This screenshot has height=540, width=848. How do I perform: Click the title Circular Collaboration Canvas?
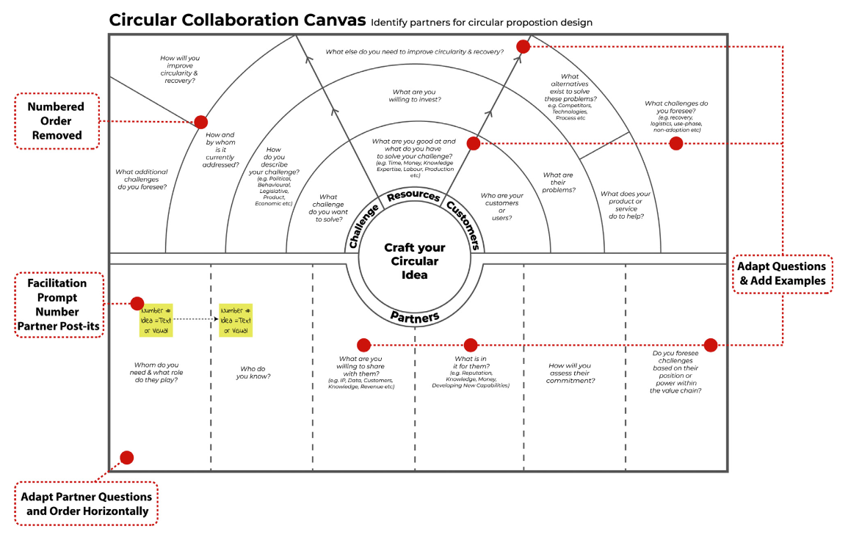pos(237,20)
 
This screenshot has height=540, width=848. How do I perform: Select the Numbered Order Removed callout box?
pos(57,121)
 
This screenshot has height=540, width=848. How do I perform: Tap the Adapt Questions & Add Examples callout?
pos(782,274)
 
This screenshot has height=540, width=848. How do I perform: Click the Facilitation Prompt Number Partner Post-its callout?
pos(57,304)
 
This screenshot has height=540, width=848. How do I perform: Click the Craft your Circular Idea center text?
pos(415,261)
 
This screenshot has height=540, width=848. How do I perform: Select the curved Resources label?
pos(413,197)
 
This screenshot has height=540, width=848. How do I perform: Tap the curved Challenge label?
pos(364,225)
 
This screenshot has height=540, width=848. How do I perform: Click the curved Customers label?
pos(465,224)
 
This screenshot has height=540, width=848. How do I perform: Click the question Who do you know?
pos(253,373)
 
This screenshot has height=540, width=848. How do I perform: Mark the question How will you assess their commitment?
pos(570,373)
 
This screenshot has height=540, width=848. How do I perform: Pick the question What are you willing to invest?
pos(415,96)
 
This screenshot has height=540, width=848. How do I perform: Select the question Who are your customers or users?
pos(501,207)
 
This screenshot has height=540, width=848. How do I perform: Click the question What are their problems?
pos(558,183)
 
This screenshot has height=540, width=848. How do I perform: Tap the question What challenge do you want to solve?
pos(328,208)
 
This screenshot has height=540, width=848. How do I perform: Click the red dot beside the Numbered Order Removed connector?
pos(200,122)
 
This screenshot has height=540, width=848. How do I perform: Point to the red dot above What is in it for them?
pos(471,345)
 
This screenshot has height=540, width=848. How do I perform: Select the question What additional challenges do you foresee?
pos(142,179)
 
